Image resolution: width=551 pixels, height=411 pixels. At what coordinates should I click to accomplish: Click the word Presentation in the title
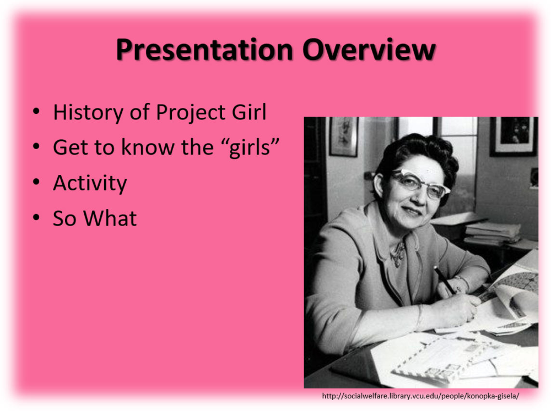pyautogui.click(x=204, y=50)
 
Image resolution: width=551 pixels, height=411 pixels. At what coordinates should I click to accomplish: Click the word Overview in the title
pyautogui.click(x=369, y=50)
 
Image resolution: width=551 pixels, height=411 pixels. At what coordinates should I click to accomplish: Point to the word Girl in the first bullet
pyautogui.click(x=249, y=112)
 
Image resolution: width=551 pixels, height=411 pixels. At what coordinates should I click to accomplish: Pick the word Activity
pyautogui.click(x=90, y=183)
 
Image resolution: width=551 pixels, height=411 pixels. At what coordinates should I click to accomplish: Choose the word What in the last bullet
pyautogui.click(x=110, y=218)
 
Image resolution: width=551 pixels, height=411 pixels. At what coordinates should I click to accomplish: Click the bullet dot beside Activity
pyautogui.click(x=36, y=182)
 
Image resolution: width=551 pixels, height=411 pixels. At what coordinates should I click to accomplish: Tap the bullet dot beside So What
pyautogui.click(x=36, y=218)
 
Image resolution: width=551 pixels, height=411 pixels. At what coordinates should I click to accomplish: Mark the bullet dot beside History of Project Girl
pyautogui.click(x=36, y=112)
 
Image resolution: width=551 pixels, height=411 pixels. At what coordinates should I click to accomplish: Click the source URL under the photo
pyautogui.click(x=420, y=396)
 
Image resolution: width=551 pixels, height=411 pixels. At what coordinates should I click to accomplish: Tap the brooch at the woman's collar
pyautogui.click(x=398, y=254)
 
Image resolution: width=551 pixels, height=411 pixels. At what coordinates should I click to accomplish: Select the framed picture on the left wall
pyautogui.click(x=344, y=136)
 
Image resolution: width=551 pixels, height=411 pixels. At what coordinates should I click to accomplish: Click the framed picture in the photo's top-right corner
pyautogui.click(x=514, y=136)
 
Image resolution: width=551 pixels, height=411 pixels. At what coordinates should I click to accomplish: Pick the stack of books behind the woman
pyautogui.click(x=492, y=233)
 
